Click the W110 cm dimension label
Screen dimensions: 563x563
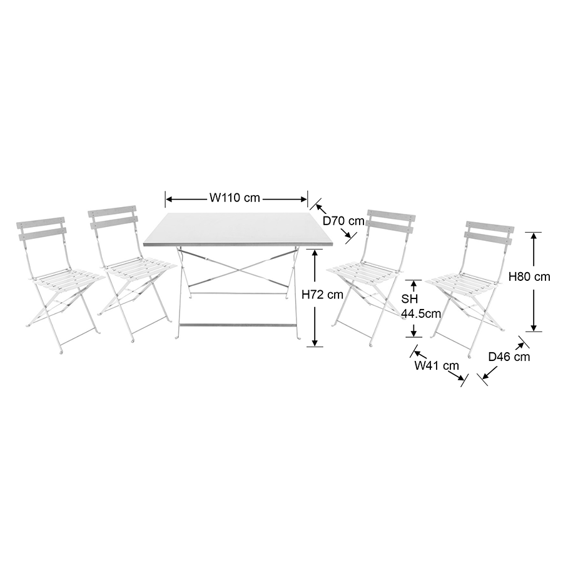(235, 198)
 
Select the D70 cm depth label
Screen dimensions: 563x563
(343, 221)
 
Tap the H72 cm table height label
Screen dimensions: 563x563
(322, 295)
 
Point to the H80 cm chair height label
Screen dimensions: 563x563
(530, 276)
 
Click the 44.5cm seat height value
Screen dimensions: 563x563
(421, 313)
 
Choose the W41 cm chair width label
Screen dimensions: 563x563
(437, 365)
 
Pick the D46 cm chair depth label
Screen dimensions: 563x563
(509, 357)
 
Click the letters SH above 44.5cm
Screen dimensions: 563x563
(410, 299)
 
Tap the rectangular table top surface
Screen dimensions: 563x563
(238, 228)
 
